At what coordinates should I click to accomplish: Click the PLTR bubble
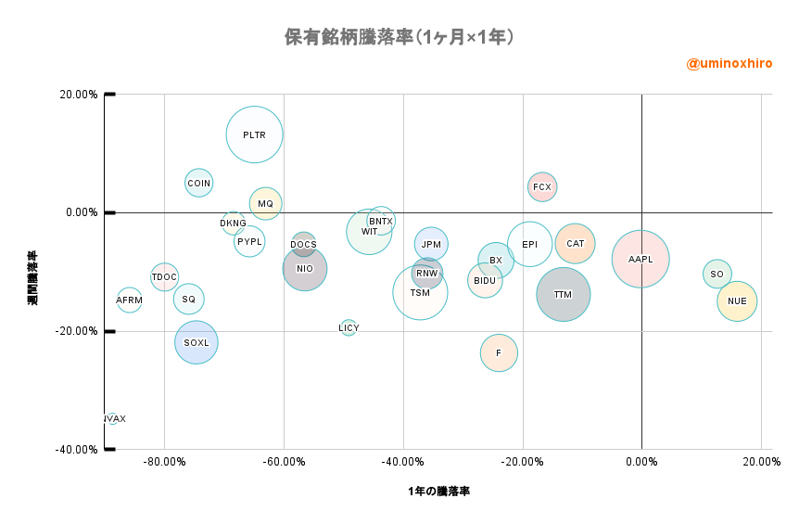(x=254, y=134)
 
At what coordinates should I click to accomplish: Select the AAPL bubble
(x=640, y=259)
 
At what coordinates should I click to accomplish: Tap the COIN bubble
(x=198, y=184)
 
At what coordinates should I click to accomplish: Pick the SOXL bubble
(x=197, y=342)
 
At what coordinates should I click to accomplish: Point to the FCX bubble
(x=542, y=187)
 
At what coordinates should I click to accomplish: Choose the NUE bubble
(x=737, y=300)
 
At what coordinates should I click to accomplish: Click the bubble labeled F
(x=499, y=353)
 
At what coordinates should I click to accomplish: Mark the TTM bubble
(x=563, y=295)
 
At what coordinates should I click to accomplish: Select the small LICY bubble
(x=349, y=327)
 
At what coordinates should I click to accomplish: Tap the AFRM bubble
(x=130, y=300)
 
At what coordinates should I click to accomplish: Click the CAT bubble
(x=576, y=244)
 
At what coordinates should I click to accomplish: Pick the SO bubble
(x=717, y=274)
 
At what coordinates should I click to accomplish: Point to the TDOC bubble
(x=164, y=276)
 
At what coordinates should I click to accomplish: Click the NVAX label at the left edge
(x=114, y=419)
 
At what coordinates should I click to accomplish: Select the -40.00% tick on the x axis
(x=403, y=462)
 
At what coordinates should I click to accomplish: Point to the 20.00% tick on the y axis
(x=79, y=94)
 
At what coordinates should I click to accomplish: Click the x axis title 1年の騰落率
(x=438, y=491)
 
